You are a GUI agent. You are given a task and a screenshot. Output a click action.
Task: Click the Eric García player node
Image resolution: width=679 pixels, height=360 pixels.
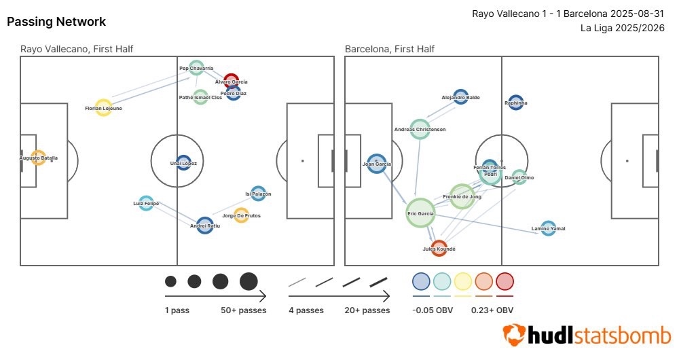[x=421, y=213]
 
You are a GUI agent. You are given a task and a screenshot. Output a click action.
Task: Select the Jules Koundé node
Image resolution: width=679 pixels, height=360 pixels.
[x=439, y=248]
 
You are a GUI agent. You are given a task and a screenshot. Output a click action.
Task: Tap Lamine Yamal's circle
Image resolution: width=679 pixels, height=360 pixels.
[x=548, y=228]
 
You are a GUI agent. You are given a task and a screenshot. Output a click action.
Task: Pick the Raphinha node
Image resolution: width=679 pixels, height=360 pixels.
[x=515, y=103]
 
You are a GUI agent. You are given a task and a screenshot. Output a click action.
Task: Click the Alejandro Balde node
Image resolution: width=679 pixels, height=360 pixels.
[x=460, y=97]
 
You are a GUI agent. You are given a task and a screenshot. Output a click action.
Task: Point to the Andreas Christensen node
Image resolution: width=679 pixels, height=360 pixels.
[x=420, y=129]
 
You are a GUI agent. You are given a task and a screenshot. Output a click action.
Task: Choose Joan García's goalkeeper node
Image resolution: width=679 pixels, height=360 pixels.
[x=377, y=163]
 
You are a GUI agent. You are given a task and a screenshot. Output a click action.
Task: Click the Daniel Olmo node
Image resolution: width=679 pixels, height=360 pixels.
[x=519, y=177]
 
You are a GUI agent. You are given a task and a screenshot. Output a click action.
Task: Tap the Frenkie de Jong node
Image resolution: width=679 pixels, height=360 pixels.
[x=462, y=196]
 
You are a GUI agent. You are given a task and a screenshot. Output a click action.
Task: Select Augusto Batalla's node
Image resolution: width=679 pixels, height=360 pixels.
[x=38, y=158]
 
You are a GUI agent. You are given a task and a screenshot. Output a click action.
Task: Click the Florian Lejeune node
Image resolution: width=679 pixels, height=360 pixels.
[x=103, y=108]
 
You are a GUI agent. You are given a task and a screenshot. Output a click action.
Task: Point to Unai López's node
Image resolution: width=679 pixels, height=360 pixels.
[x=183, y=163]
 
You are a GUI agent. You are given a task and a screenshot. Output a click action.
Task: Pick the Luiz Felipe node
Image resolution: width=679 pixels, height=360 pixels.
[x=146, y=202]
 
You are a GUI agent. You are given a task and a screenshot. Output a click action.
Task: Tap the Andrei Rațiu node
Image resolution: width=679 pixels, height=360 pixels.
[x=205, y=226]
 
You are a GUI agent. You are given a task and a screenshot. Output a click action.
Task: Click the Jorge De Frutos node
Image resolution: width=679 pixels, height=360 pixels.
[x=241, y=215]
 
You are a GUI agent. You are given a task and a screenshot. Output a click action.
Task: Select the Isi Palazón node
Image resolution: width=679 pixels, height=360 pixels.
[x=258, y=194]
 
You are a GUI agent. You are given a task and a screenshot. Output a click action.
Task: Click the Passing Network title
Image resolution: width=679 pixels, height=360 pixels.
[x=56, y=22]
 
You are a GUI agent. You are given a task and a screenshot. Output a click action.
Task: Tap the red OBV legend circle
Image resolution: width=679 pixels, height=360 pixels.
[x=504, y=281]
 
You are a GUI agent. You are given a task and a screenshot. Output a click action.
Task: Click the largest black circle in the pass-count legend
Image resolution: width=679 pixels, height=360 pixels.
[x=249, y=281]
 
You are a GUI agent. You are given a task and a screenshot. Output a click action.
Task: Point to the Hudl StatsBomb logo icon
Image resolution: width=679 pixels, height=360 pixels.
[x=514, y=334]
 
